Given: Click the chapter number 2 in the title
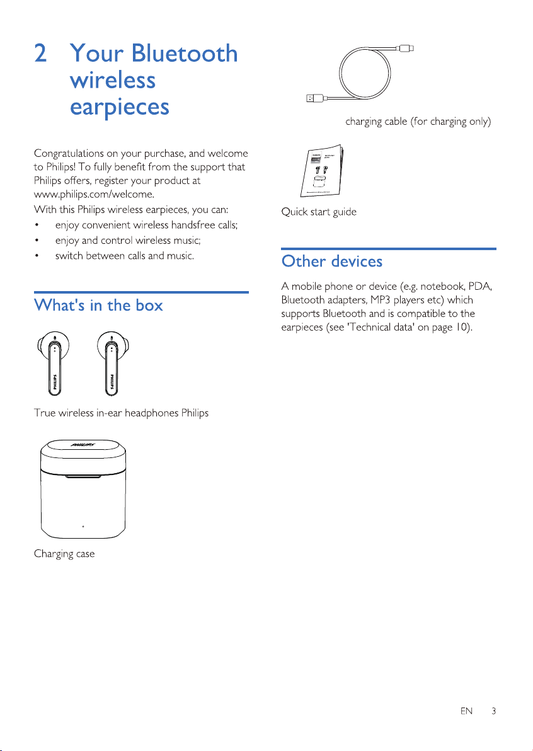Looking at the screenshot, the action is tap(41, 53).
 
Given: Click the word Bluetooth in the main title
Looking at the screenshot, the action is tap(185, 53).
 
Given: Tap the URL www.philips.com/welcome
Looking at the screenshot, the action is tap(95, 195).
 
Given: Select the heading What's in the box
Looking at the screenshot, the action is tap(98, 305).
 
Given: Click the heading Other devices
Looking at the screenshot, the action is tap(332, 261).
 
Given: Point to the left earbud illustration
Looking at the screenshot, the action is tap(54, 364).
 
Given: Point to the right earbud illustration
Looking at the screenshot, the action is tap(113, 364).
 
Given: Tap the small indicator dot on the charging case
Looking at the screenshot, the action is tap(83, 526).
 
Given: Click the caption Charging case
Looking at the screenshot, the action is tap(64, 554).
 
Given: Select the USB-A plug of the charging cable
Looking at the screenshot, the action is tap(315, 98).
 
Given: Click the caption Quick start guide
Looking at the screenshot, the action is tap(319, 212).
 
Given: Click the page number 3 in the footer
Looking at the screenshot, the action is tap(493, 711).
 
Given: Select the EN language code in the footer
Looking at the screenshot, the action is tap(466, 711).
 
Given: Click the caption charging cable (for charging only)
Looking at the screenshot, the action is tap(418, 122).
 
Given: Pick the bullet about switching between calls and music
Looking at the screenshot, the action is tap(125, 256).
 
